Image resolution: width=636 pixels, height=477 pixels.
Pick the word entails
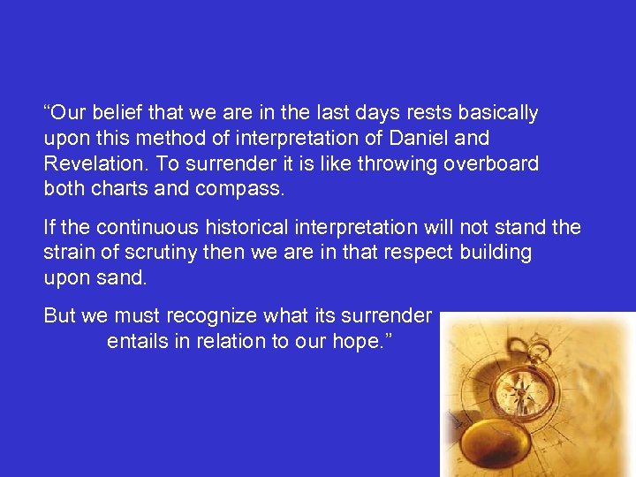tap(136, 341)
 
